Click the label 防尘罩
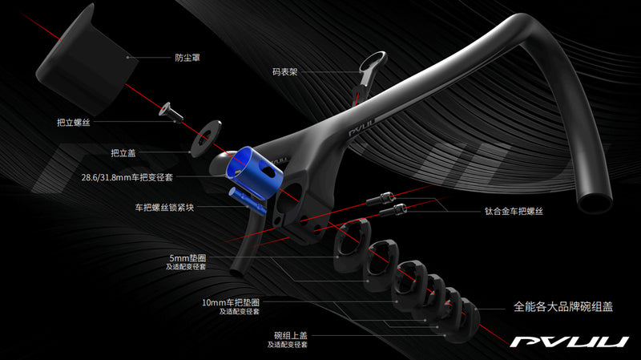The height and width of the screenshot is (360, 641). point(190,58)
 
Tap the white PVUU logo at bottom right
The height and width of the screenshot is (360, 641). point(570,342)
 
